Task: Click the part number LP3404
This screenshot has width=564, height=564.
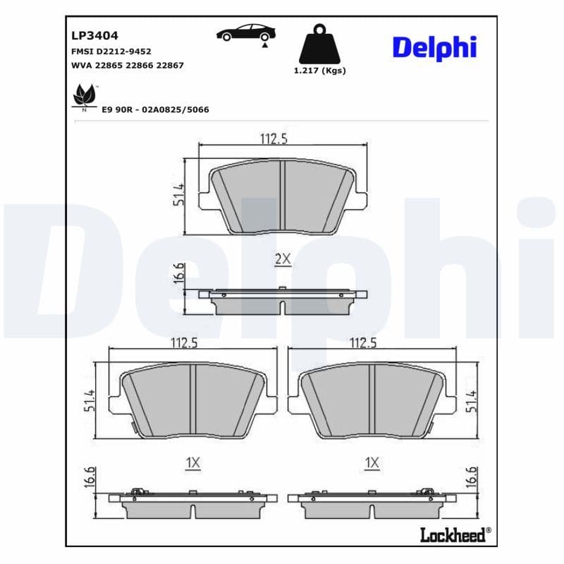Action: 94,35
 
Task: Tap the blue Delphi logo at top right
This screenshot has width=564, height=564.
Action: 434,47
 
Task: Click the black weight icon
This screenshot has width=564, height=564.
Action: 319,45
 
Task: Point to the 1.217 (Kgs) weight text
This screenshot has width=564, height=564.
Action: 319,70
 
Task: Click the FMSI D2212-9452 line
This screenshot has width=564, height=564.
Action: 111,51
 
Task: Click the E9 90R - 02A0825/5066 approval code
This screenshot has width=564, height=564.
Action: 155,110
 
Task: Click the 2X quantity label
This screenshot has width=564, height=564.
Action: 282,259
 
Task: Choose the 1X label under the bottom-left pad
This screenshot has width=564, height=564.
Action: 193,463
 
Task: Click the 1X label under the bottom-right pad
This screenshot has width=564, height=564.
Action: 372,463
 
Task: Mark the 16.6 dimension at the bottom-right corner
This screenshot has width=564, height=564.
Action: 470,479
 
